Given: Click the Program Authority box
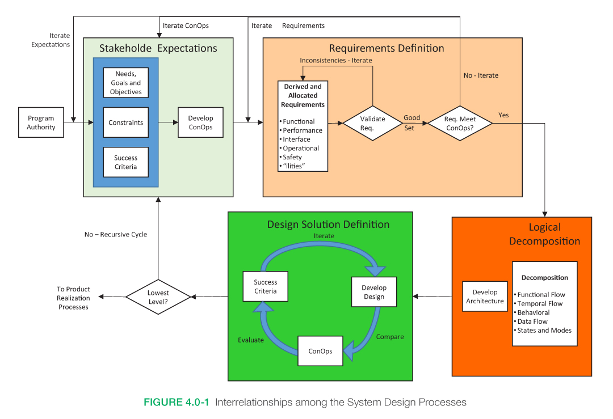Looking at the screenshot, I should pos(41,122).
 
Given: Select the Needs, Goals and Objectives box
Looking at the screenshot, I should pos(125,83).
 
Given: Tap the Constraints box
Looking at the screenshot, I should pos(125,122).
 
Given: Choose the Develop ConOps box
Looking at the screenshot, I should pos(200,122).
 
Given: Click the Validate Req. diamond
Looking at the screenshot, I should pos(372,123).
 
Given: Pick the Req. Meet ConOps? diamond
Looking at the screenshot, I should pos(460,123).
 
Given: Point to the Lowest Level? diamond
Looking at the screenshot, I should pos(158,297).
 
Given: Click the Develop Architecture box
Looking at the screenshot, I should pos(485,297).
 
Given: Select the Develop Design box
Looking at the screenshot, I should pos(373,292).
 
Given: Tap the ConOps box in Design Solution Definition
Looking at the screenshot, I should pos(320,351).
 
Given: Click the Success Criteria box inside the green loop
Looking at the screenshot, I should pos(265,286).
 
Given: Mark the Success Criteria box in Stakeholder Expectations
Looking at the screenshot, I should pos(125,162).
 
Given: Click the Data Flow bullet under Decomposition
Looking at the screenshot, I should pos(532,321).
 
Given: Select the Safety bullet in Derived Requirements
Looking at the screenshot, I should pos(292,157).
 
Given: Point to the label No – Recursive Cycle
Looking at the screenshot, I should pos(115,234).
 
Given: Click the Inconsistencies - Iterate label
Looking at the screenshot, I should pos(336,60).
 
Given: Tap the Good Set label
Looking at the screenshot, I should pos(412,122).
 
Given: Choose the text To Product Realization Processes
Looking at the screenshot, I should pos(74,298).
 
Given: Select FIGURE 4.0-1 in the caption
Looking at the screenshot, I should pos(177,403).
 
